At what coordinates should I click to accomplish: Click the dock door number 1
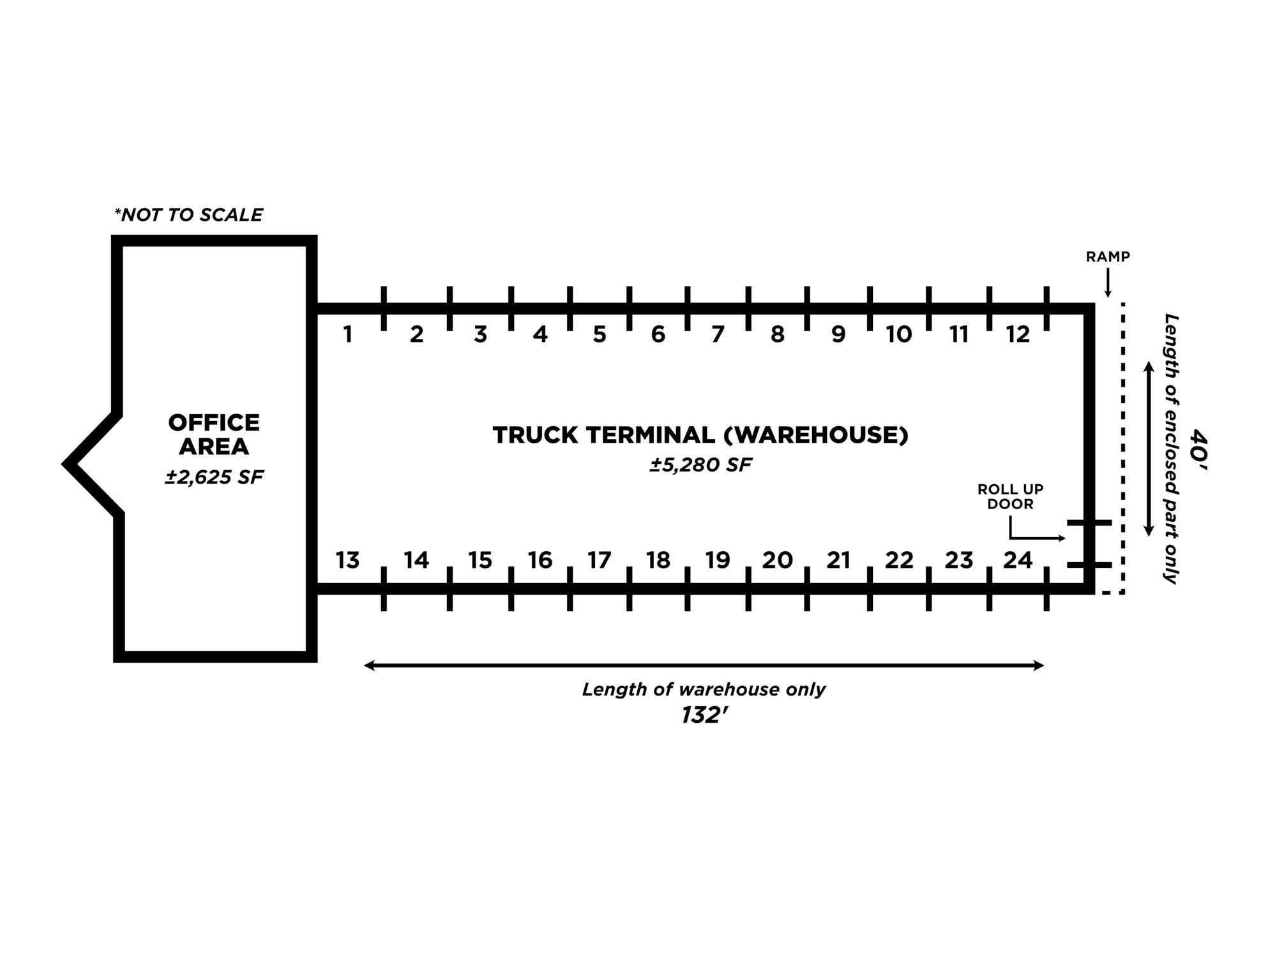348,334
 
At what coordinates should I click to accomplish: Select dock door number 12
1018,334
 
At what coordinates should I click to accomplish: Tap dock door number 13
348,560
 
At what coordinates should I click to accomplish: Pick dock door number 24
1018,560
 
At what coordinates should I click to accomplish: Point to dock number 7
718,334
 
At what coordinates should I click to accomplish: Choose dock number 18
658,560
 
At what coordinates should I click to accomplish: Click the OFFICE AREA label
214,434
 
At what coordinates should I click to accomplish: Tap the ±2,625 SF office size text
214,477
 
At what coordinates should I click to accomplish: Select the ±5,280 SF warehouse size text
700,464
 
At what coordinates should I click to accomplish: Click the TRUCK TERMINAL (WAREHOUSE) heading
700,435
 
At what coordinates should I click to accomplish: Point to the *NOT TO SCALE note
188,214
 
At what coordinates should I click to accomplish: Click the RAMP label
1108,256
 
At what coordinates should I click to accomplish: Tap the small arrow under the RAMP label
1108,283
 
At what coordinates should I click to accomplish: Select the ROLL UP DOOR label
1010,496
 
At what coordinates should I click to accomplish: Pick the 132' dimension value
704,715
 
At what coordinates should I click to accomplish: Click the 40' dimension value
1198,449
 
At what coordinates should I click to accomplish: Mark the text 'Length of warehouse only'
704,689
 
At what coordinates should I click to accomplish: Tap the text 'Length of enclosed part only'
1170,449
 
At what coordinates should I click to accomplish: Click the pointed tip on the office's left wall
65,463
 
